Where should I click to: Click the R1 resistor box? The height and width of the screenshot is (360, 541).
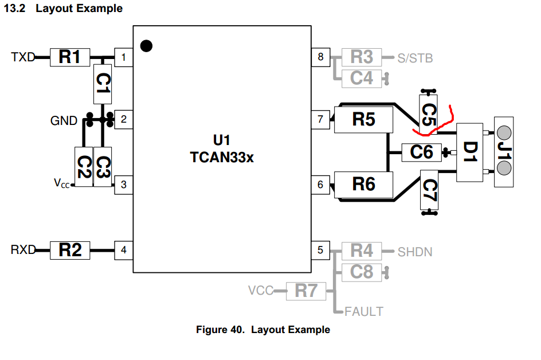pos(69,57)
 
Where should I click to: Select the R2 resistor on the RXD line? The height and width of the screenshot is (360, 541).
pos(69,250)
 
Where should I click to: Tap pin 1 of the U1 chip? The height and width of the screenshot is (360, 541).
pos(123,57)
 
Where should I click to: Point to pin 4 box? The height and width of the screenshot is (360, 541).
pos(123,250)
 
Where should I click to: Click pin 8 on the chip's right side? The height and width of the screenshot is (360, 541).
pos(320,57)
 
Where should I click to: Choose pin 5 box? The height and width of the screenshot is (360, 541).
pos(320,250)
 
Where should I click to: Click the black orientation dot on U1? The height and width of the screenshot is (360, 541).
pos(147,46)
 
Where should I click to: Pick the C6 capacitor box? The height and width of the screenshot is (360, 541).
pos(422,152)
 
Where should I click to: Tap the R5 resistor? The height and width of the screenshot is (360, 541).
pos(363,120)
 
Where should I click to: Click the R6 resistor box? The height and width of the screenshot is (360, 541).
pos(363,184)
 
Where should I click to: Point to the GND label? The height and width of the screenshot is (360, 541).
pos(64,121)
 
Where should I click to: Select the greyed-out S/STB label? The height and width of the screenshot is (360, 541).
pos(415,58)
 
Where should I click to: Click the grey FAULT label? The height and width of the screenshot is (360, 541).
pos(364,312)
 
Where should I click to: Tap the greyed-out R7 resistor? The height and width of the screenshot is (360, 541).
pos(306,291)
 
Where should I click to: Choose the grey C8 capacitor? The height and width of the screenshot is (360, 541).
pos(362,271)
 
